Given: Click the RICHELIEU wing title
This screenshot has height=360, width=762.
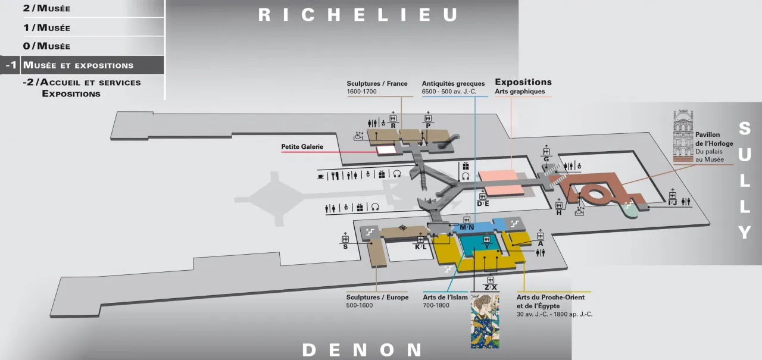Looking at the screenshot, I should [x=358, y=15].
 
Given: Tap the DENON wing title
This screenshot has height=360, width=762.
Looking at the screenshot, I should [x=362, y=349].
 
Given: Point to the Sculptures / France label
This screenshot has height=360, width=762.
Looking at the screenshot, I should [x=377, y=84].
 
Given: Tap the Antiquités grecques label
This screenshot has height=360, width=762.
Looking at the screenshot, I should [x=453, y=84].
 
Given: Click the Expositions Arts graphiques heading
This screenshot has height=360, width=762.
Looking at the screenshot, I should [x=523, y=82].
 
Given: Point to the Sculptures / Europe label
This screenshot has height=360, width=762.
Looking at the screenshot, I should [x=377, y=298].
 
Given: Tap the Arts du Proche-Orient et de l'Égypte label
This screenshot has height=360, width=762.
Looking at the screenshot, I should [x=550, y=301].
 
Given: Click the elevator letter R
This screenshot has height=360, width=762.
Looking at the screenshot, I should [x=394, y=126].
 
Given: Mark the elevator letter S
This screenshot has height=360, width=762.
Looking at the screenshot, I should [x=345, y=246].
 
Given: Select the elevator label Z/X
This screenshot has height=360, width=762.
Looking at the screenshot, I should [x=491, y=287].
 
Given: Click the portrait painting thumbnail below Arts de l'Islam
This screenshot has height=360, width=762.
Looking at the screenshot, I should [x=485, y=321].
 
